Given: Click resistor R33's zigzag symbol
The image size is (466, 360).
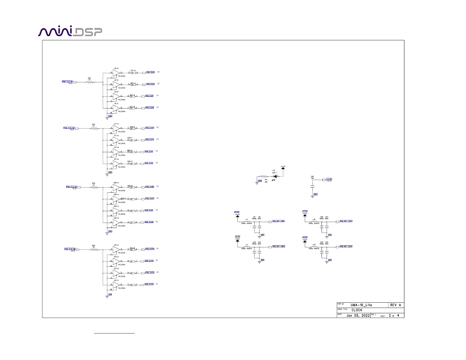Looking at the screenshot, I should [90, 82].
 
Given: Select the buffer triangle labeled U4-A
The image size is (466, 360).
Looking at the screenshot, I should [116, 73].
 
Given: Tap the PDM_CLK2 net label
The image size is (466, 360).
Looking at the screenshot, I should [150, 72].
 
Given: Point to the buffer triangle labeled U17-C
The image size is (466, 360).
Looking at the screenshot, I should [116, 128].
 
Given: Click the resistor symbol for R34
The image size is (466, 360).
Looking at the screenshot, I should [94, 129].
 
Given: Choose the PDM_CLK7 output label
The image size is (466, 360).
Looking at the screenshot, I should [150, 140].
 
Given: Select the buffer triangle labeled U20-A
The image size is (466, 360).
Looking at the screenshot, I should [116, 187].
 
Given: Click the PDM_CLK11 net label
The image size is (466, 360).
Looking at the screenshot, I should [150, 199].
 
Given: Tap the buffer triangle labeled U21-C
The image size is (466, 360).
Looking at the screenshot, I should [116, 285].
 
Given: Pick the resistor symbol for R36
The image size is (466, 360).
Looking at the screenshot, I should [94, 250].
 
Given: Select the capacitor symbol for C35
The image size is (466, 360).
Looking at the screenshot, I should [312, 186].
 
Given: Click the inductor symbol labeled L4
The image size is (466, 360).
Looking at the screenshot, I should [247, 221].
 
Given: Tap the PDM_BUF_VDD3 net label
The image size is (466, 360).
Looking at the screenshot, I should [346, 221].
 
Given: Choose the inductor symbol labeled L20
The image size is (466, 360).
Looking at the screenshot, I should [314, 247].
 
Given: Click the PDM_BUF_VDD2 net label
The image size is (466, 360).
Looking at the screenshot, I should [279, 246].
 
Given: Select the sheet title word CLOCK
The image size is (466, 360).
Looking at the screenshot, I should [357, 310].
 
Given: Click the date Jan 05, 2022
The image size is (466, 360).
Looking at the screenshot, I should [358, 316].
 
